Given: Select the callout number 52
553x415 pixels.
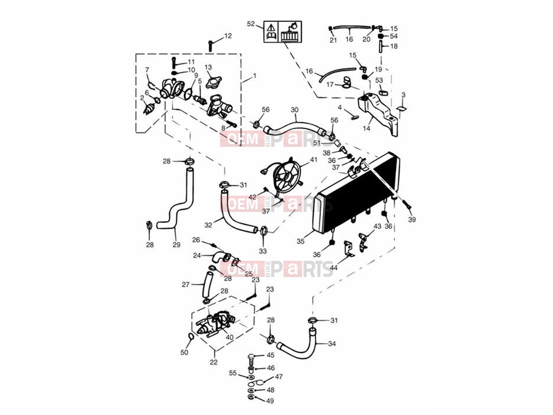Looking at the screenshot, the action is [x=251, y=24].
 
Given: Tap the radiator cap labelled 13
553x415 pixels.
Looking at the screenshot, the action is [x=213, y=82].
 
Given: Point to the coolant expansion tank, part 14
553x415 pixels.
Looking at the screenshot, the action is [x=378, y=113].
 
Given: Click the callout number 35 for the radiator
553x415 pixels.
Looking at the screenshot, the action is [x=300, y=241].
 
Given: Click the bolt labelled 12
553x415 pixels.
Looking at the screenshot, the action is [x=210, y=46].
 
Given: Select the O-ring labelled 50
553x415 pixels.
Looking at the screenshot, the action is [x=191, y=336].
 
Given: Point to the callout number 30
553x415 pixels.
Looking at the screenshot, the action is [x=294, y=110].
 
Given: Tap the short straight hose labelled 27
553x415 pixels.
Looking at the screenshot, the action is [x=208, y=284].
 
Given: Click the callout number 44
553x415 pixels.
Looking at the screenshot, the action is [x=333, y=268].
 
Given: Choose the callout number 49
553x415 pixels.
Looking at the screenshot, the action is [x=270, y=401].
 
